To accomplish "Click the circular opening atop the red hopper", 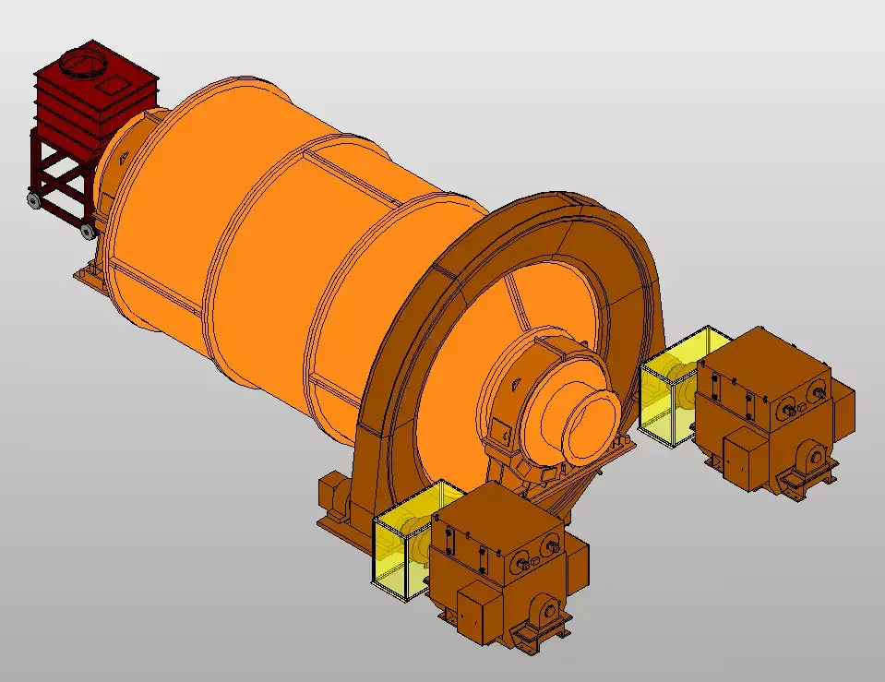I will pyautogui.click(x=84, y=64).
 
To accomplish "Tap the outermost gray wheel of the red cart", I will pyautogui.click(x=33, y=199).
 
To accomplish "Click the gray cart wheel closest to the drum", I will pyautogui.click(x=87, y=231).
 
